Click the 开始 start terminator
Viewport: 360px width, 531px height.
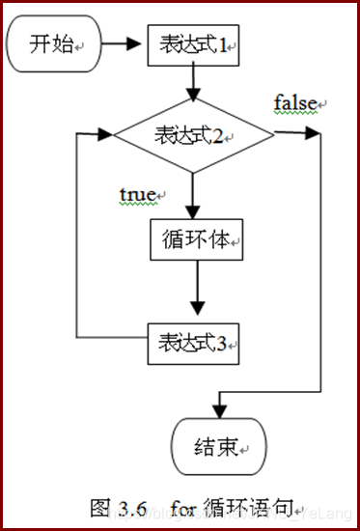pyautogui.click(x=52, y=44)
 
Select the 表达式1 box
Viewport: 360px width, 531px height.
pyautogui.click(x=193, y=44)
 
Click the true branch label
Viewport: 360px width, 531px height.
pyautogui.click(x=137, y=194)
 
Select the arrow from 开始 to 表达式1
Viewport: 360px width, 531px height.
pyautogui.click(x=122, y=44)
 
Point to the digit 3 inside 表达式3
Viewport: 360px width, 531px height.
pyautogui.click(x=220, y=342)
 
